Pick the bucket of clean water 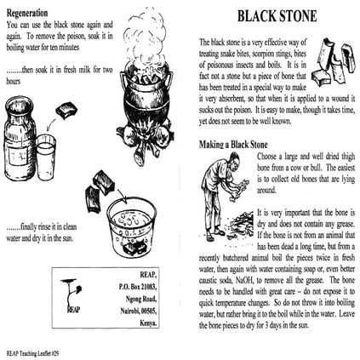[x=132, y=225]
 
